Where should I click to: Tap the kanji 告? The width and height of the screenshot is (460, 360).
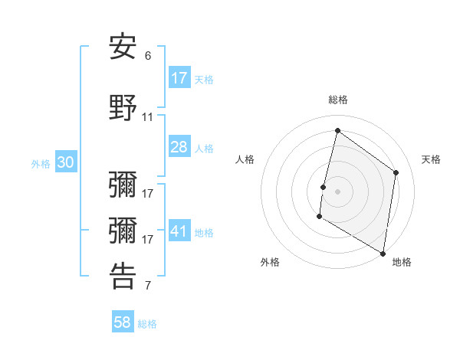pos(123,276)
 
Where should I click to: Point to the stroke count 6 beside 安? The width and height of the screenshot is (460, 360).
pos(148,56)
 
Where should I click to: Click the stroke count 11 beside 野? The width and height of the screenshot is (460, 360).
pos(148,117)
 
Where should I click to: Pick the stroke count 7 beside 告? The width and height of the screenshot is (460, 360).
pos(148,286)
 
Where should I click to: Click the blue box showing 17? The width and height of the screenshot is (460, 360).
pos(179,78)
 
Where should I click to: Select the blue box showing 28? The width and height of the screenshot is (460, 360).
pos(179,147)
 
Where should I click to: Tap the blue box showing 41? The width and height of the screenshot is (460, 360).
pos(179,232)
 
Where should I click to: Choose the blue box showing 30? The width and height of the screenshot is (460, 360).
pos(65,163)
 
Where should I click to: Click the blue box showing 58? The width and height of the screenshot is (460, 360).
pos(123,322)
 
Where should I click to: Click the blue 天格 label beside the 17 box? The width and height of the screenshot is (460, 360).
pos(204,79)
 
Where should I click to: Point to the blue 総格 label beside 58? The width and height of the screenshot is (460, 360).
pos(147,324)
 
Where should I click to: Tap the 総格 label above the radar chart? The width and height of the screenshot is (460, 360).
pos(338,100)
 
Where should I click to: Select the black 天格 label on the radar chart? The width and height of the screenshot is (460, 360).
pos(432,159)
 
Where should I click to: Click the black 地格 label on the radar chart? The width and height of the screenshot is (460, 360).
pos(402,263)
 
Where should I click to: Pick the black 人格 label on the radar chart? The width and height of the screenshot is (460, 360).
pos(245,159)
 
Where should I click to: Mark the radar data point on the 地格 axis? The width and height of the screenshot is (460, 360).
pos(383,253)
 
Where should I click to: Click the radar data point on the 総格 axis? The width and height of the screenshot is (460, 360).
pos(337,131)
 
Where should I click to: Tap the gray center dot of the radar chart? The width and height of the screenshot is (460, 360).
pos(337,191)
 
